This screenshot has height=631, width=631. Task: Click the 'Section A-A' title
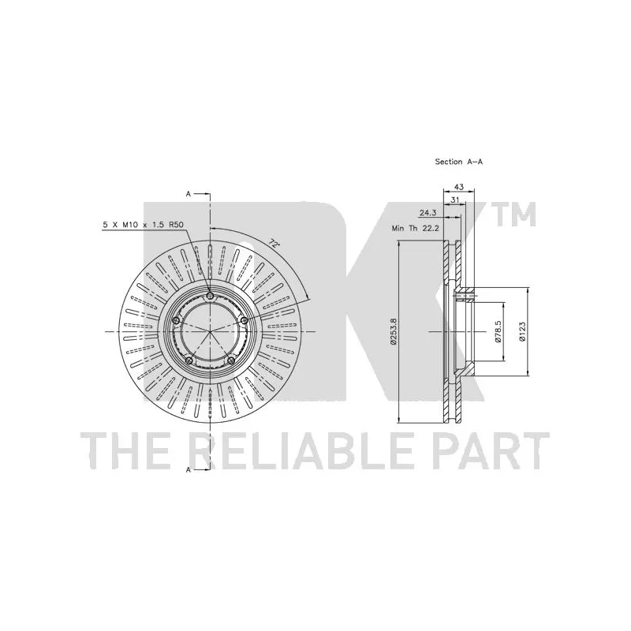[x=459, y=162]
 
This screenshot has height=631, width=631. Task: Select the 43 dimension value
[x=459, y=187]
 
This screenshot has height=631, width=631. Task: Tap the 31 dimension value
[x=455, y=200]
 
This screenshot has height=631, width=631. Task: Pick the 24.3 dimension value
[x=428, y=213]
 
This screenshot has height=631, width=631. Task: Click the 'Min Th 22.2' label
[x=416, y=228]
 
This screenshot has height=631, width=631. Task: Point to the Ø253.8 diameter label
[x=394, y=331]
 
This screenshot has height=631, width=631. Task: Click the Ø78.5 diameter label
[x=498, y=331]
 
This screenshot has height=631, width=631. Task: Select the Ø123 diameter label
[x=522, y=331]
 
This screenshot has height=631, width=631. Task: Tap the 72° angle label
[x=274, y=244]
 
